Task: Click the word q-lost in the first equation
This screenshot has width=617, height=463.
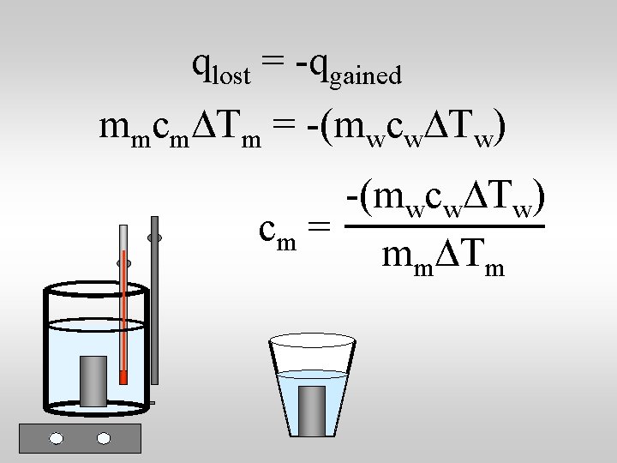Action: [x=222, y=69]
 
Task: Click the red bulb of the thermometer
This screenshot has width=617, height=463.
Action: [x=123, y=376]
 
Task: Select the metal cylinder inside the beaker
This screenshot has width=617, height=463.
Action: [x=93, y=381]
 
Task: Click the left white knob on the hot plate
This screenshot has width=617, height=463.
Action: [x=57, y=438]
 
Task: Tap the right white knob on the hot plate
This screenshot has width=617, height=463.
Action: [x=104, y=438]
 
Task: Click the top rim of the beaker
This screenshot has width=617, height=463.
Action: [x=96, y=286]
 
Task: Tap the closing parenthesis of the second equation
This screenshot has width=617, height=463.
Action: [x=500, y=129]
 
